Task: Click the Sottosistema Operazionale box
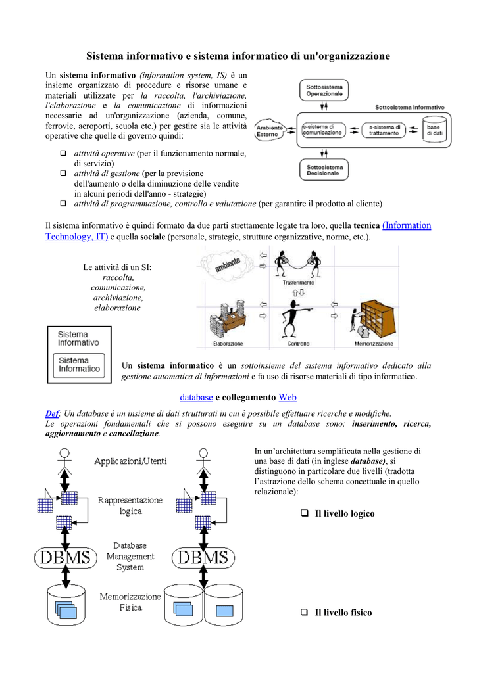click(x=324, y=91)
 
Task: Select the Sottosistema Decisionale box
click(x=323, y=171)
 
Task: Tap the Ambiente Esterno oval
click(x=269, y=131)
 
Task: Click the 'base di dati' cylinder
click(x=434, y=129)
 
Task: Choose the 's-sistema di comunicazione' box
click(x=322, y=129)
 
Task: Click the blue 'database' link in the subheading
click(x=196, y=397)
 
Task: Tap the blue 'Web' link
click(x=288, y=397)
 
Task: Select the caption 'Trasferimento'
click(x=299, y=282)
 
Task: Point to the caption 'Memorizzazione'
click(x=374, y=344)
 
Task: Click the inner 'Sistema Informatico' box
click(x=80, y=365)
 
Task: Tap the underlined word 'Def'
click(x=51, y=413)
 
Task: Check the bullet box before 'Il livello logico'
click(x=305, y=513)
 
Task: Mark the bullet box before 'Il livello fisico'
click(x=305, y=612)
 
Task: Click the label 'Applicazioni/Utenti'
click(x=130, y=461)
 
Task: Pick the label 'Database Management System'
click(x=130, y=556)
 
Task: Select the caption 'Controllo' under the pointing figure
click(x=298, y=344)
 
